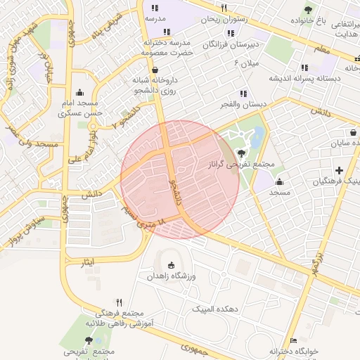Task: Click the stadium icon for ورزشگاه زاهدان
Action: click(x=171, y=265)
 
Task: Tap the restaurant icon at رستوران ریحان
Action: click(x=224, y=8)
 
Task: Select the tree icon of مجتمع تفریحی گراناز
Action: click(x=243, y=152)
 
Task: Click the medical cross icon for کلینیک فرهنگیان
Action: click(x=340, y=170)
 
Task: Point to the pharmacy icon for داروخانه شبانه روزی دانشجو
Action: click(x=155, y=70)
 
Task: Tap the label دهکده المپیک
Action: click(x=219, y=309)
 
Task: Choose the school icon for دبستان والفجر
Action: click(x=243, y=93)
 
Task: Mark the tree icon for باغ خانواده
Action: click(x=308, y=9)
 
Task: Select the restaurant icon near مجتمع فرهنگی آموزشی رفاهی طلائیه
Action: click(x=119, y=302)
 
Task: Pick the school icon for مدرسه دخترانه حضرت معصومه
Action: click(x=167, y=32)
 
